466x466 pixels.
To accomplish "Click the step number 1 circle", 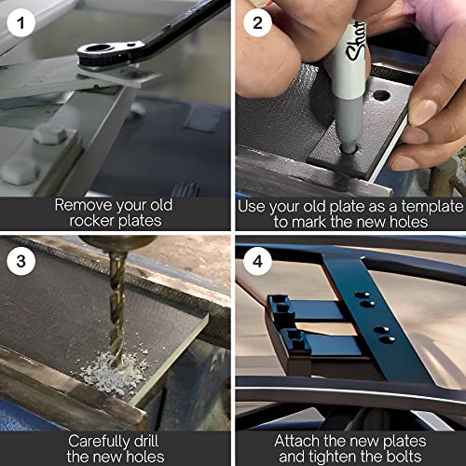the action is coord(21,22).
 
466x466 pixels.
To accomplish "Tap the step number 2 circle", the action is coord(257,22).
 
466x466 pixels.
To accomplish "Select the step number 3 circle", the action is coord(21,261).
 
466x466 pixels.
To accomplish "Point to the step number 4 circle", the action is coord(257,261).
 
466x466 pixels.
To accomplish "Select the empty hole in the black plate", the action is coord(381,95).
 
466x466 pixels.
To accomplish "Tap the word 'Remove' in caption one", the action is coord(83,205).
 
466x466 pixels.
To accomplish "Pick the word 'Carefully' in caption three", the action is coord(100,442).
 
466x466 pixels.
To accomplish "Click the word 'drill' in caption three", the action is coord(146,441).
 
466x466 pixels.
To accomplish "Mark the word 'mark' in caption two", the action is coord(309,222).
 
